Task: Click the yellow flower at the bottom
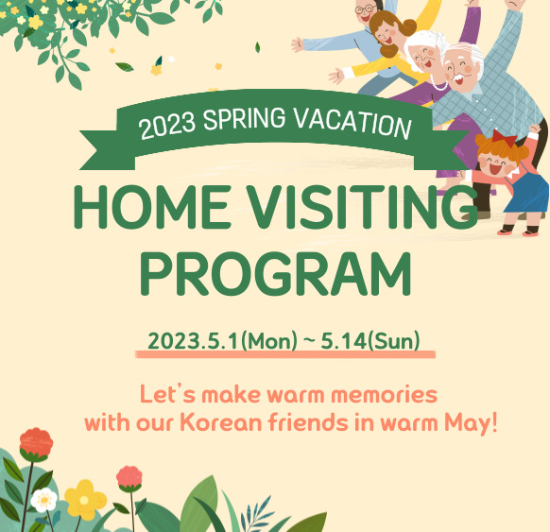coord(84,498)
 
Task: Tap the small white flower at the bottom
coord(43,499)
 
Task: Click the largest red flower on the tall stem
coord(36,443)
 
